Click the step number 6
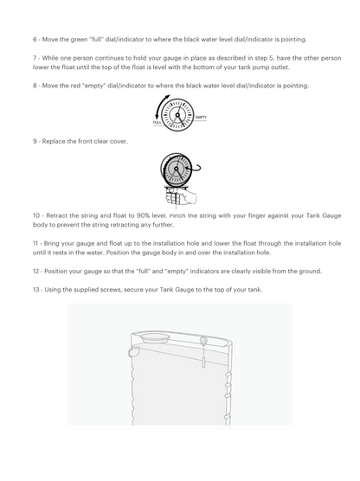pos(35,40)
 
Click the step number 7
pos(35,58)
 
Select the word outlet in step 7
pos(280,67)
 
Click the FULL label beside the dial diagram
pos(157,122)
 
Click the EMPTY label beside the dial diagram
pos(201,117)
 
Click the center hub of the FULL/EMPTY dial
pos(177,115)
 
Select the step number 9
pos(35,141)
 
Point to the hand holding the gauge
pos(181,196)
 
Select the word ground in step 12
pos(312,272)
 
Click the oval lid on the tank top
pos(155,338)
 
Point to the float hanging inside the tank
pos(203,362)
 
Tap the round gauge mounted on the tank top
pos(202,340)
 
